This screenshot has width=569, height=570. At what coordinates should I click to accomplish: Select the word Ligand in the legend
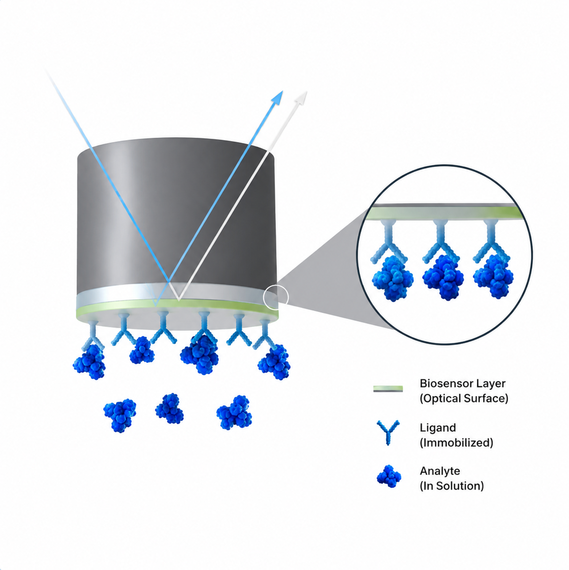[x=438, y=428]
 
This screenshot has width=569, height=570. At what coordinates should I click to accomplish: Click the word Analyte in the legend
[x=440, y=471]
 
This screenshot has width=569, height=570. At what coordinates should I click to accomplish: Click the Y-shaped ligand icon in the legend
[x=388, y=432]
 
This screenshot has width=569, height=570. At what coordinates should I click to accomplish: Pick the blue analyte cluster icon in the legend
[x=389, y=477]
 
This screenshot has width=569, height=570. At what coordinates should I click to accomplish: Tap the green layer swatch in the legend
[x=388, y=389]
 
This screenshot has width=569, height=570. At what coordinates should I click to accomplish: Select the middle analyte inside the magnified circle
[x=443, y=277]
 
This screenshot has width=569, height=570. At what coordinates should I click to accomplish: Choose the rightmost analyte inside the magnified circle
[x=493, y=276]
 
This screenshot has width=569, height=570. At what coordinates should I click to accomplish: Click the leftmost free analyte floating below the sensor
[x=120, y=415]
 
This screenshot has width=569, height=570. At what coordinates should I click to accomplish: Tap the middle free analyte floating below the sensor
[x=169, y=408]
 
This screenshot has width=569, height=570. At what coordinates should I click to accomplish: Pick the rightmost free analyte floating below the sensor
[x=234, y=412]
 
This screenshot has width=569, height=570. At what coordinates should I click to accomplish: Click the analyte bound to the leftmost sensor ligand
[x=89, y=362]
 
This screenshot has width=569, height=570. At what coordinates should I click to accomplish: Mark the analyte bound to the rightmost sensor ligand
[x=274, y=362]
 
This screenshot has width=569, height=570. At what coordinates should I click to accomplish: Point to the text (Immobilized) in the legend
[x=457, y=443]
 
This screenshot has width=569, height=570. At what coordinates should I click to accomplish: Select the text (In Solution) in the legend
[x=452, y=486]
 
